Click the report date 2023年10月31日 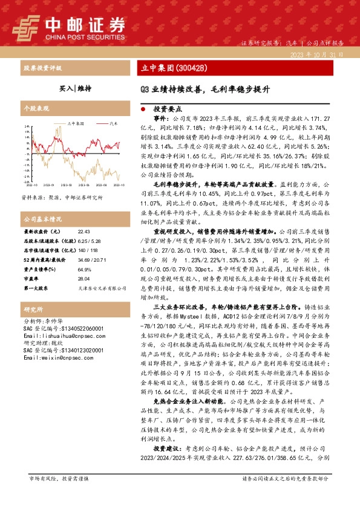click(x=317, y=54)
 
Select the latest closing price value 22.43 click(x=83, y=232)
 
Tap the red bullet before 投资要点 click(x=143, y=111)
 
